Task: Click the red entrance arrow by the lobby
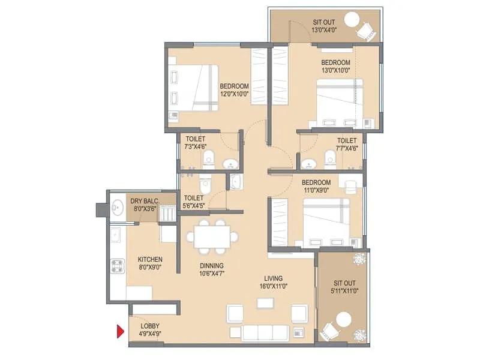[x=120, y=331]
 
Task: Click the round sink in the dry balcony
[x=116, y=208]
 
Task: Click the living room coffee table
[x=264, y=303]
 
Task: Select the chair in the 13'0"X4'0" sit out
[x=365, y=31]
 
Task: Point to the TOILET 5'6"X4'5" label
[x=193, y=201]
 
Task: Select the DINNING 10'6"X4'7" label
[x=212, y=269]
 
